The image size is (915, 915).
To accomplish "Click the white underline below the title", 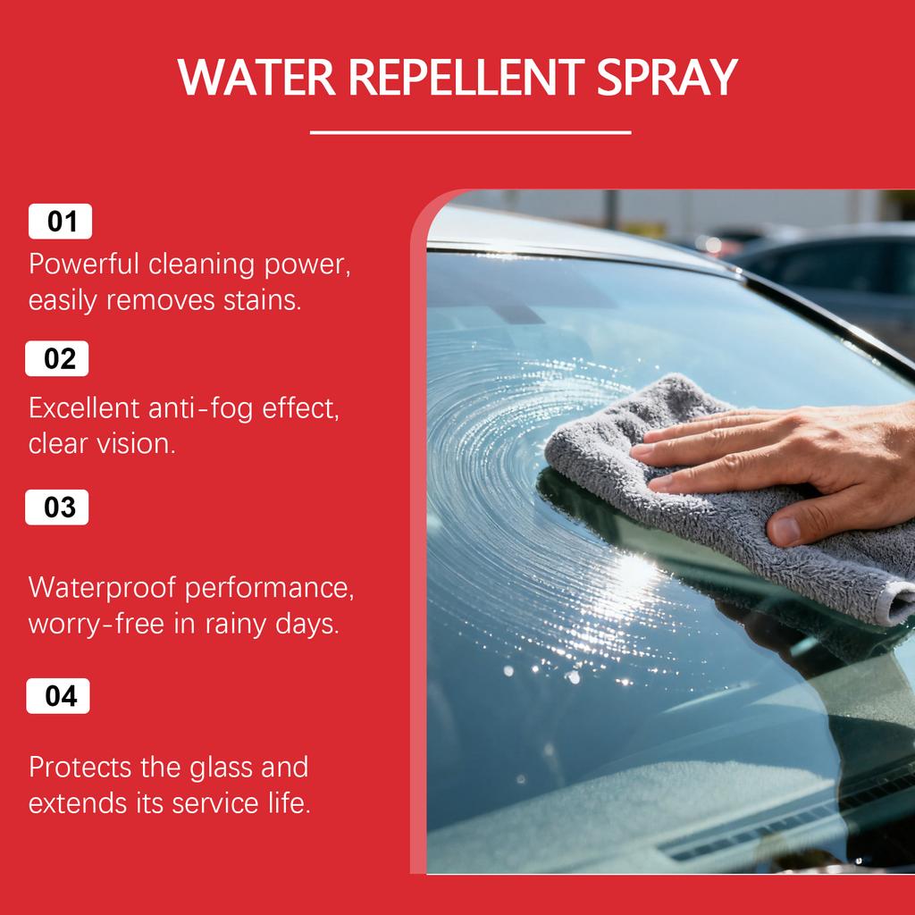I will (x=470, y=132).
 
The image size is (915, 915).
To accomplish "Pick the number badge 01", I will (x=61, y=222).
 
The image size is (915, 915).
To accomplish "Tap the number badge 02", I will (x=59, y=359).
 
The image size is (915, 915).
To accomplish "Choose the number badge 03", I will (x=59, y=508).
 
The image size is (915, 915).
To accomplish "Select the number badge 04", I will (x=59, y=696).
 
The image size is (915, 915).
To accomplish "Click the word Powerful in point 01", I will (x=85, y=265).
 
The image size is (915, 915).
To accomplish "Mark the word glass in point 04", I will (x=223, y=768).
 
